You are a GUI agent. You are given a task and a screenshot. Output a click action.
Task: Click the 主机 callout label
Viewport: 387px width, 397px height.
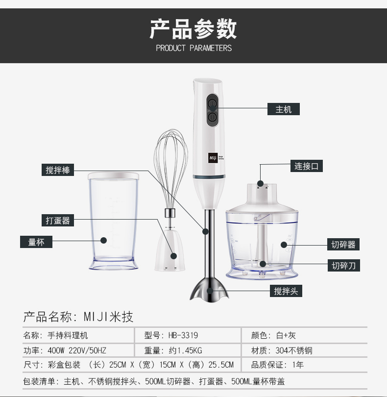point(284,109)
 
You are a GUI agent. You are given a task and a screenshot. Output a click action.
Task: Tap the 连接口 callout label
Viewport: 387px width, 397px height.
point(306,166)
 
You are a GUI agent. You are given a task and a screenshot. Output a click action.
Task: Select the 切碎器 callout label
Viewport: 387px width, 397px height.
point(343,245)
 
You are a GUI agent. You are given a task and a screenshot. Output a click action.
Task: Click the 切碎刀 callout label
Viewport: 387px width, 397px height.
point(344,265)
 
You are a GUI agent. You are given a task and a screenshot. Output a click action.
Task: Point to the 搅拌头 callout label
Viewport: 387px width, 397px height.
point(286,291)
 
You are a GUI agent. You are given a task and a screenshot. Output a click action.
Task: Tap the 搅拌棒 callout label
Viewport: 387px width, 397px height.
point(58,170)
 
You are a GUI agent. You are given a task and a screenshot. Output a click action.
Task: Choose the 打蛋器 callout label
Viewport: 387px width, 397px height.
point(58,220)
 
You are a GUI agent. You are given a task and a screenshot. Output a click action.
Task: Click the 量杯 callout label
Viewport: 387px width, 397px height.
point(36,242)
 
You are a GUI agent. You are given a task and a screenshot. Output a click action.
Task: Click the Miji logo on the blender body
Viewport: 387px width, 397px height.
point(213,158)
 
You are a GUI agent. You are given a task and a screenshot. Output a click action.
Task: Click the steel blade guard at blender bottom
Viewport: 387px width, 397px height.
point(209,289)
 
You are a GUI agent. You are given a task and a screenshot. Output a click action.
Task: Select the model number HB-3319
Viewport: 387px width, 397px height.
point(183,335)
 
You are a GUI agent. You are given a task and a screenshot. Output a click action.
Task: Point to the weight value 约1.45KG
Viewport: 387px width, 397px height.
point(185,350)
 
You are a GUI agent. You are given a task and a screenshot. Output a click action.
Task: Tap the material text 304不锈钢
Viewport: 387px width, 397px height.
point(294,350)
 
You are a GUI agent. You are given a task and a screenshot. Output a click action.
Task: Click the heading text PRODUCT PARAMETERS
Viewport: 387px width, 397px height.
point(193,48)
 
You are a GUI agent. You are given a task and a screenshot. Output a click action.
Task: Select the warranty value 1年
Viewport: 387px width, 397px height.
point(298,365)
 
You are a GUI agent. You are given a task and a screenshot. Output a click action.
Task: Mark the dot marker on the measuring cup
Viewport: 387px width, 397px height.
point(103,240)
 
